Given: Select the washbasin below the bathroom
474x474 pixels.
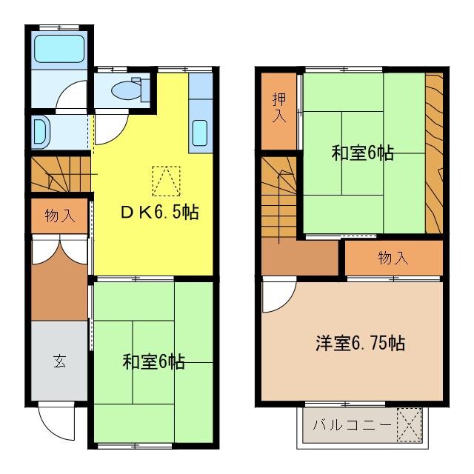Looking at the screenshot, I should pyautogui.click(x=41, y=132).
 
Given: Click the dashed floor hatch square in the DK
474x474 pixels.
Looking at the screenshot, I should pyautogui.click(x=165, y=180).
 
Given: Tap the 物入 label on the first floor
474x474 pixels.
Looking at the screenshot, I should pyautogui.click(x=59, y=216).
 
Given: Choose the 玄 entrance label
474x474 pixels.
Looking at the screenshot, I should pyautogui.click(x=59, y=362).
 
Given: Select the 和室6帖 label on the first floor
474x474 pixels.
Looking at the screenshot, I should pyautogui.click(x=153, y=362).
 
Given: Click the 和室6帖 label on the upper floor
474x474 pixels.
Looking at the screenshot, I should pyautogui.click(x=362, y=153).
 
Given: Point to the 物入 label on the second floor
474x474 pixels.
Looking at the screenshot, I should pyautogui.click(x=393, y=258).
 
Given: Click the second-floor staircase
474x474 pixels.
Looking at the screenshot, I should pyautogui.click(x=279, y=196).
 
